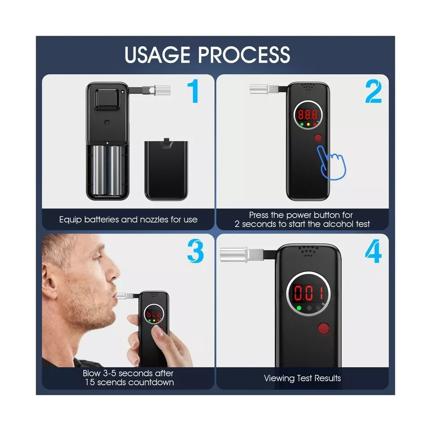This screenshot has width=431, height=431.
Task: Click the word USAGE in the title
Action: click(157, 54)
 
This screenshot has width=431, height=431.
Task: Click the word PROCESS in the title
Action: click(244, 54)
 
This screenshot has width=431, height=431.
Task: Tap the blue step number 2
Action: click(373, 91)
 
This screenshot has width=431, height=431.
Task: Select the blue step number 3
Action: click(195, 251)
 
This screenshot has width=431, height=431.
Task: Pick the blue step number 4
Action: click(373, 251)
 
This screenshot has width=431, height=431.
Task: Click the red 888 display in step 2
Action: click(308, 114)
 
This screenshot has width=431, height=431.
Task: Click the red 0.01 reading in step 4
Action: click(308, 293)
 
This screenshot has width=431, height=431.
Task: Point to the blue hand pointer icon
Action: click(331, 163)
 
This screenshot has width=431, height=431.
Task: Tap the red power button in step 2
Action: click(318, 138)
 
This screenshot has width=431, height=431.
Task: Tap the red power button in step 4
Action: click(324, 328)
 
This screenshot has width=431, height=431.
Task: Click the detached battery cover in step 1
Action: click(166, 169)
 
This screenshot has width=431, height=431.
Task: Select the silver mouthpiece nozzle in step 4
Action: click(234, 255)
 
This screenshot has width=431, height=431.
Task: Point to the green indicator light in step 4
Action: click(299, 308)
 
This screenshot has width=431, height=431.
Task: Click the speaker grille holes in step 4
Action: click(308, 251)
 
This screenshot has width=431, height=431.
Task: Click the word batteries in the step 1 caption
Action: click(101, 220)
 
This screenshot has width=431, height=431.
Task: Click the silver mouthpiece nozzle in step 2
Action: click(259, 89)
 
